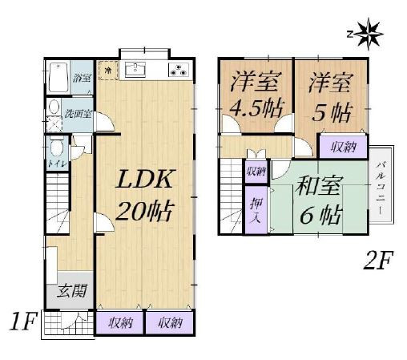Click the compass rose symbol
coord(369,34)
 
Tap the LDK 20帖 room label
coord(146,196)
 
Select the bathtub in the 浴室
coord(56,78)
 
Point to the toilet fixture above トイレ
coord(57,148)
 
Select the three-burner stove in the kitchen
coord(179,70)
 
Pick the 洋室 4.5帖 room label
coord(251,95)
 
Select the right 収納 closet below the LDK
coord(169,323)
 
